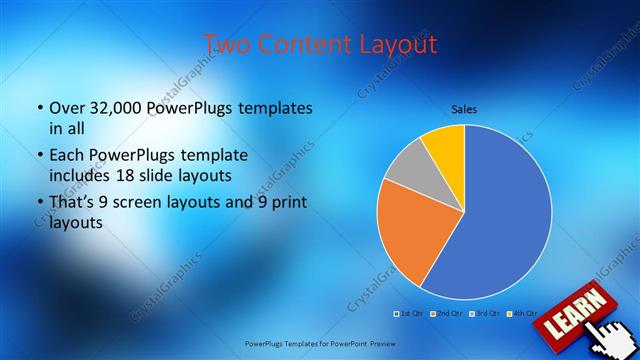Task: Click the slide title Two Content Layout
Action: (319, 44)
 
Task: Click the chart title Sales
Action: (463, 108)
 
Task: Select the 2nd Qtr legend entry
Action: (447, 313)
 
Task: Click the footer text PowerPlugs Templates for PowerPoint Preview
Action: (320, 343)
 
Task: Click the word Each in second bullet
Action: (68, 156)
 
